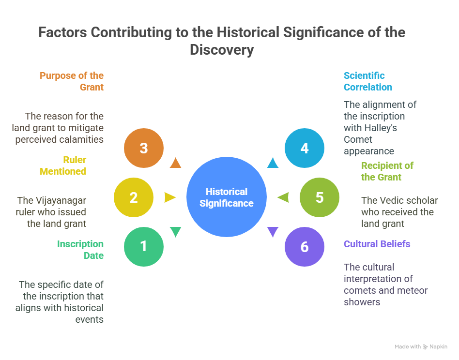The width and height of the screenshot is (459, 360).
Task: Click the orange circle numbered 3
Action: pyautogui.click(x=144, y=148)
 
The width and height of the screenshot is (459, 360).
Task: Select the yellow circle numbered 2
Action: pyautogui.click(x=134, y=197)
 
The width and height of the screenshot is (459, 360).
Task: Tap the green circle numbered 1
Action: pyautogui.click(x=144, y=247)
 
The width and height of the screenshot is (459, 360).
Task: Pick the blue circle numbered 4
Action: pyautogui.click(x=305, y=148)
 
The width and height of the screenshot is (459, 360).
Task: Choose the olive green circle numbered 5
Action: pyautogui.click(x=319, y=197)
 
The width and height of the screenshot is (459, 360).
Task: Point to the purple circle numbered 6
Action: pyautogui.click(x=305, y=247)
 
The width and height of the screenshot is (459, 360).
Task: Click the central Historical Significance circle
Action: pyautogui.click(x=227, y=197)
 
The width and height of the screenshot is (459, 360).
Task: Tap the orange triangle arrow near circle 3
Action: pyautogui.click(x=176, y=163)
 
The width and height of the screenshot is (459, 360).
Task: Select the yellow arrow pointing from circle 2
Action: pyautogui.click(x=169, y=197)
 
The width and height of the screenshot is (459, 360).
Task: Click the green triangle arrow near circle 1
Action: pyautogui.click(x=176, y=232)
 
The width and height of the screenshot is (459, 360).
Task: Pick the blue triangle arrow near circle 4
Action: pyautogui.click(x=273, y=163)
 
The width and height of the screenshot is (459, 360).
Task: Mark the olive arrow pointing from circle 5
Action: pyautogui.click(x=283, y=197)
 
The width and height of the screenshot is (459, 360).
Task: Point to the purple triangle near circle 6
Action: pyautogui.click(x=273, y=232)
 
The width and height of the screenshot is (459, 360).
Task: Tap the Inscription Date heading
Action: pyautogui.click(x=80, y=250)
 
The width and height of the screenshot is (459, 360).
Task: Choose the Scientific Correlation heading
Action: pyautogui.click(x=367, y=81)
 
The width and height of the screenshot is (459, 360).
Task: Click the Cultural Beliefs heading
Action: pyautogui.click(x=377, y=244)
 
